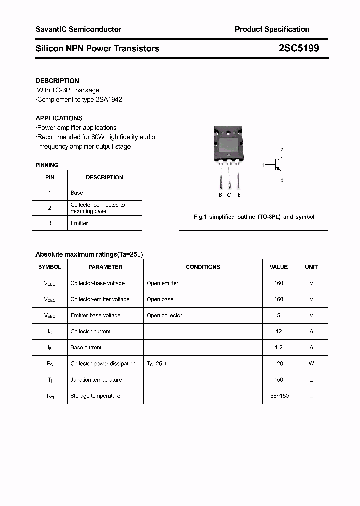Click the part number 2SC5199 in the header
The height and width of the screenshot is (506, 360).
(x=298, y=48)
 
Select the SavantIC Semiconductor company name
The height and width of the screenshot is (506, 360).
(x=78, y=29)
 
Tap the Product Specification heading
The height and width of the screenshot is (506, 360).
(x=272, y=29)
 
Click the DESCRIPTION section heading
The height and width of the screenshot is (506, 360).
(x=57, y=81)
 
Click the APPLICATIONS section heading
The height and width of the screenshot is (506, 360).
(x=59, y=118)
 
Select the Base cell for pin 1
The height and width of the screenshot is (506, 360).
(x=77, y=193)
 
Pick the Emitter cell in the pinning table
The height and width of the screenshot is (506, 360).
(x=79, y=223)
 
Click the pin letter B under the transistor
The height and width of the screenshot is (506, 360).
(x=220, y=195)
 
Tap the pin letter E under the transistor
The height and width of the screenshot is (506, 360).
(x=239, y=195)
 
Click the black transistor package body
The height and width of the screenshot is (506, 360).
(x=229, y=144)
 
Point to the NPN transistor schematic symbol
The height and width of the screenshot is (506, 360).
(x=277, y=164)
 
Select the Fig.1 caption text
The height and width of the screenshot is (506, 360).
(x=254, y=217)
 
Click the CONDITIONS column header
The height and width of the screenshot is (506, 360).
(x=203, y=267)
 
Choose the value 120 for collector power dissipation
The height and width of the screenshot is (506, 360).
(x=278, y=364)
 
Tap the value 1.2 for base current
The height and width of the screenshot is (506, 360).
(x=278, y=347)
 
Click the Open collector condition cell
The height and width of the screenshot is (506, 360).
(x=164, y=315)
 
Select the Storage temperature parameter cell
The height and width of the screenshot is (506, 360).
(x=95, y=396)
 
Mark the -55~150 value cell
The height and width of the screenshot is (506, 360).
(x=278, y=396)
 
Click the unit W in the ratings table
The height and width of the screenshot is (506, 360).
(x=311, y=364)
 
